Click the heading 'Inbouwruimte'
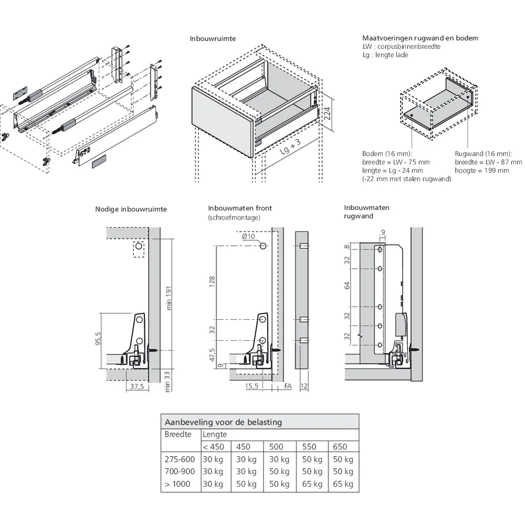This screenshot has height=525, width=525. [213, 39]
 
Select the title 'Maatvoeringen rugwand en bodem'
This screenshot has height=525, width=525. [420, 38]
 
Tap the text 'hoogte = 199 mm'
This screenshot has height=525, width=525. [481, 171]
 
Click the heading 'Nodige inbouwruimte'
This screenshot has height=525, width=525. [131, 209]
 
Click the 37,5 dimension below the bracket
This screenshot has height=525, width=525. [135, 386]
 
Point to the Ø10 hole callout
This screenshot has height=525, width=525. [248, 236]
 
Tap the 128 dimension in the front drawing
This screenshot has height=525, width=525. [212, 282]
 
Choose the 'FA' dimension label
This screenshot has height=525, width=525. [287, 386]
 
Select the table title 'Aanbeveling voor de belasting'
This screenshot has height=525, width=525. [223, 422]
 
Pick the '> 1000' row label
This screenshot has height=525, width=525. [177, 484]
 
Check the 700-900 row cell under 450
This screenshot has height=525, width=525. [246, 471]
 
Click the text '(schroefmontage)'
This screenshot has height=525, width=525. [234, 217]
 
